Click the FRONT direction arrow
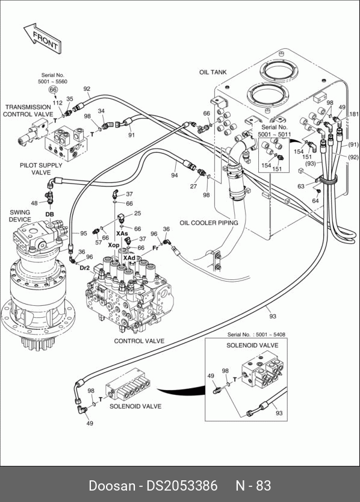tap(42, 39)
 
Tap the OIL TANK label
tap(213, 72)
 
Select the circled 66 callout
tap(53, 90)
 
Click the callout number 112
tap(58, 103)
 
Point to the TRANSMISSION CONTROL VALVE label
tap(28, 111)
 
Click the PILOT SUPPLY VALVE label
tap(41, 169)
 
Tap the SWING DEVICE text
tap(20, 215)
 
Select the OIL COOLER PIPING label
tap(208, 223)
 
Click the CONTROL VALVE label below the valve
tap(139, 341)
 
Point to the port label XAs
tap(122, 234)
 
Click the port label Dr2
tap(84, 268)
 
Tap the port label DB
tap(49, 214)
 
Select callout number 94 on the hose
tap(175, 175)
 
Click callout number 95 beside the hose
tap(84, 233)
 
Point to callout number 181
tap(354, 114)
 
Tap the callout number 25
tap(137, 213)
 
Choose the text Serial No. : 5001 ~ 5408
tap(256, 335)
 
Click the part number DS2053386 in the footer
tap(182, 486)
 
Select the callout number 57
tap(99, 243)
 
